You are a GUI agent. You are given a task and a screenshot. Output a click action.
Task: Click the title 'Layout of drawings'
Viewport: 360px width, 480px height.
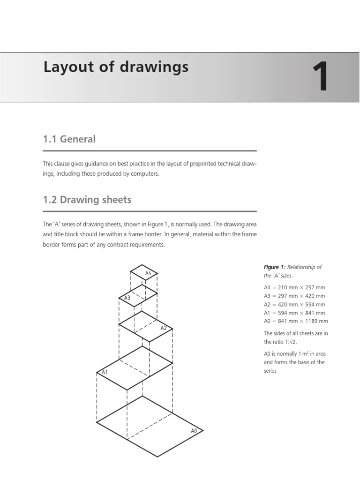(116, 67)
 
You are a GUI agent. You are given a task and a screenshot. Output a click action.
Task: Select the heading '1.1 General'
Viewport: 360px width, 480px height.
(69, 139)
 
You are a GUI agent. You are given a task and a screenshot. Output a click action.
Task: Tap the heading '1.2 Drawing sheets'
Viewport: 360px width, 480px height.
(87, 200)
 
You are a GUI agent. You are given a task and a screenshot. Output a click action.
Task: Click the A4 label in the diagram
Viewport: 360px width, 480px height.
(148, 273)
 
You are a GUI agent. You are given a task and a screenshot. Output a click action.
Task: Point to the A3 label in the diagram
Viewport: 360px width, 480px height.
(127, 298)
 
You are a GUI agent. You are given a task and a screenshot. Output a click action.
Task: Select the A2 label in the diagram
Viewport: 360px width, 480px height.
(164, 328)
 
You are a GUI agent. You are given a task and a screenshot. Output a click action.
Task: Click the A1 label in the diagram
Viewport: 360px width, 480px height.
(105, 372)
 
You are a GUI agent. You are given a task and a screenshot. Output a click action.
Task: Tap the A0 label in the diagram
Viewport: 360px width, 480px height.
(194, 430)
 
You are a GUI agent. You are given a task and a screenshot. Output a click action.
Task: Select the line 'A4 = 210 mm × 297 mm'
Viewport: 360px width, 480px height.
(294, 287)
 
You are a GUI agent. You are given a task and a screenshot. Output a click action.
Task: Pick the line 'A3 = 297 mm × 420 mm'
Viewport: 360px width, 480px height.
(294, 296)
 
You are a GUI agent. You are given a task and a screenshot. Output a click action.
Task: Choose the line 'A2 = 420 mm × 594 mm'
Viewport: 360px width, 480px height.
(294, 304)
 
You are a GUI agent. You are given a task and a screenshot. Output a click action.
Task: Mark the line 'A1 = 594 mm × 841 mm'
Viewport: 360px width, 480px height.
(294, 313)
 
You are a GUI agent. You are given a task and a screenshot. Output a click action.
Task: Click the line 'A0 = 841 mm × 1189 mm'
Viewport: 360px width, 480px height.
(296, 321)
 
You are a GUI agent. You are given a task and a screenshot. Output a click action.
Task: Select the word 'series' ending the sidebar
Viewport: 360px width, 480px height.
(270, 371)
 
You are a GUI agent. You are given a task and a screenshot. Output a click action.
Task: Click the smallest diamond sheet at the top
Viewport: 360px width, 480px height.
(144, 272)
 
